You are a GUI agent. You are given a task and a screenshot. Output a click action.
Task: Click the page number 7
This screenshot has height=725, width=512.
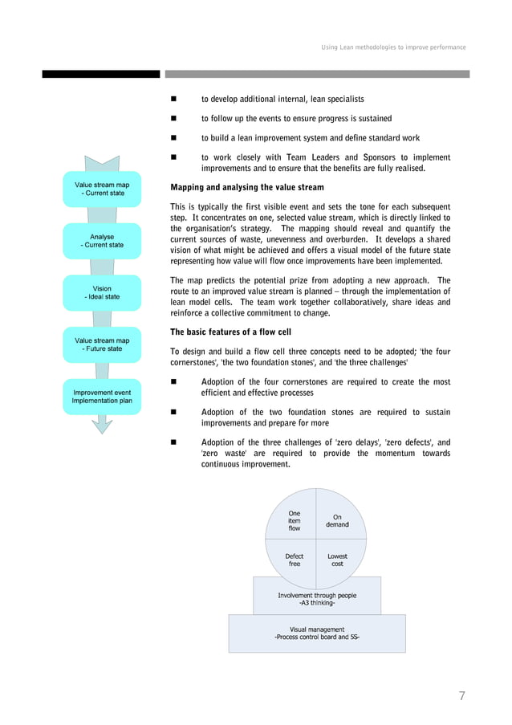pos(461,696)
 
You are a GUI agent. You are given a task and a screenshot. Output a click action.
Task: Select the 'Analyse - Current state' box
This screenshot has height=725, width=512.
pos(102,241)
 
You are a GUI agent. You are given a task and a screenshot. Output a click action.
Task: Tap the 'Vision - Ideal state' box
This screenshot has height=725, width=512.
pos(102,292)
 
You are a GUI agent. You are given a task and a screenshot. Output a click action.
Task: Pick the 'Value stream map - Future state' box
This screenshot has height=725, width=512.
pos(102,344)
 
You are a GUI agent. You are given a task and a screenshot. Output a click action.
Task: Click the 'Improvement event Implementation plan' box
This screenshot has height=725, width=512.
pos(102,397)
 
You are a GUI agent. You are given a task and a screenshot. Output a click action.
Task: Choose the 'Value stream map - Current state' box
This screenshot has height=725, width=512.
pos(102,189)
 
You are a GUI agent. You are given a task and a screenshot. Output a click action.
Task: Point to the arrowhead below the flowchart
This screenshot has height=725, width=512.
pos(102,425)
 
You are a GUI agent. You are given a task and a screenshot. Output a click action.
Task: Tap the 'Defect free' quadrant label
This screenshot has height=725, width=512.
pos(295,560)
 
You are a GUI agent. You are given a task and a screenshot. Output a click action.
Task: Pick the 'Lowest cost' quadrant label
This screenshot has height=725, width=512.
pos(337,560)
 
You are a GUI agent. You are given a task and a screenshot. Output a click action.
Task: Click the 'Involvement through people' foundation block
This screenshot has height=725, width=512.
pos(317,599)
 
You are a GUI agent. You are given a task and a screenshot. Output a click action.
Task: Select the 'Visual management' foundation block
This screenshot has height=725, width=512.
pos(317,633)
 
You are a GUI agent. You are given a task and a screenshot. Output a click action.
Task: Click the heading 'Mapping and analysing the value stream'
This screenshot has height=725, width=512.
pos(247,187)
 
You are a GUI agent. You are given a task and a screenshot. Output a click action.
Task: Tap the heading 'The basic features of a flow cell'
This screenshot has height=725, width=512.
pos(230,332)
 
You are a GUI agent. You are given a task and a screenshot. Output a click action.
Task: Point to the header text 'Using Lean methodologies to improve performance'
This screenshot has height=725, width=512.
pos(393,47)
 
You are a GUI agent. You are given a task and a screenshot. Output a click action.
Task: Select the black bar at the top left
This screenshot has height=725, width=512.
pos(101,74)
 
